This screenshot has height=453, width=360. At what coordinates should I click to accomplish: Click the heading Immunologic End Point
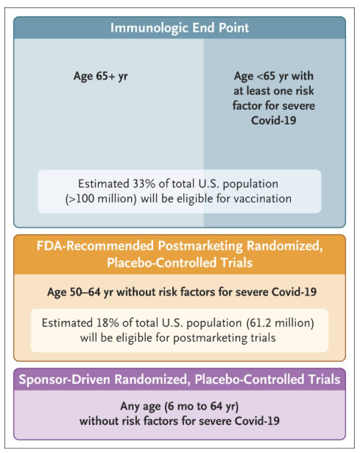coord(180,28)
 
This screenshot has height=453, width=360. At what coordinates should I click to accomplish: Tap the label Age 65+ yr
coord(100,77)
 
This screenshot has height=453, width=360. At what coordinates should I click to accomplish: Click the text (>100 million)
coord(101,199)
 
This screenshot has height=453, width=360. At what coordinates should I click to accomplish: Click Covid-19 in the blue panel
coord(274,121)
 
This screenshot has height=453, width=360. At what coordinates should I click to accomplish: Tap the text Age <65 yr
coord(261,77)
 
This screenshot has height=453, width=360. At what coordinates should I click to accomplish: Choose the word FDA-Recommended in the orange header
coord(95,246)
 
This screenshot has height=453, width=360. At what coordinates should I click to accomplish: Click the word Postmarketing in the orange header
coord(200,246)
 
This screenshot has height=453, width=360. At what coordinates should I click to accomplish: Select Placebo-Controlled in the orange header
coord(162,263)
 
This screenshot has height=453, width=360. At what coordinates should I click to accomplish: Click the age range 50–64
coord(85,292)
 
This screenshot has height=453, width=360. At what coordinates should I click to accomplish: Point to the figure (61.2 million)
coord(280,323)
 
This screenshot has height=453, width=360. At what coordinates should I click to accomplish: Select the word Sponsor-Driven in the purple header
coord(65,379)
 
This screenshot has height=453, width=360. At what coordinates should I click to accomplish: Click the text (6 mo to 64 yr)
coord(202,407)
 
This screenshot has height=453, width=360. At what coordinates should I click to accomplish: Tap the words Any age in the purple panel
coord(141,407)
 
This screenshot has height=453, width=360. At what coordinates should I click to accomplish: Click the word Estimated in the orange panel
coord(67,323)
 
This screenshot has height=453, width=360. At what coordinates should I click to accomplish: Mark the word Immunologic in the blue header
coord(149,28)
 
